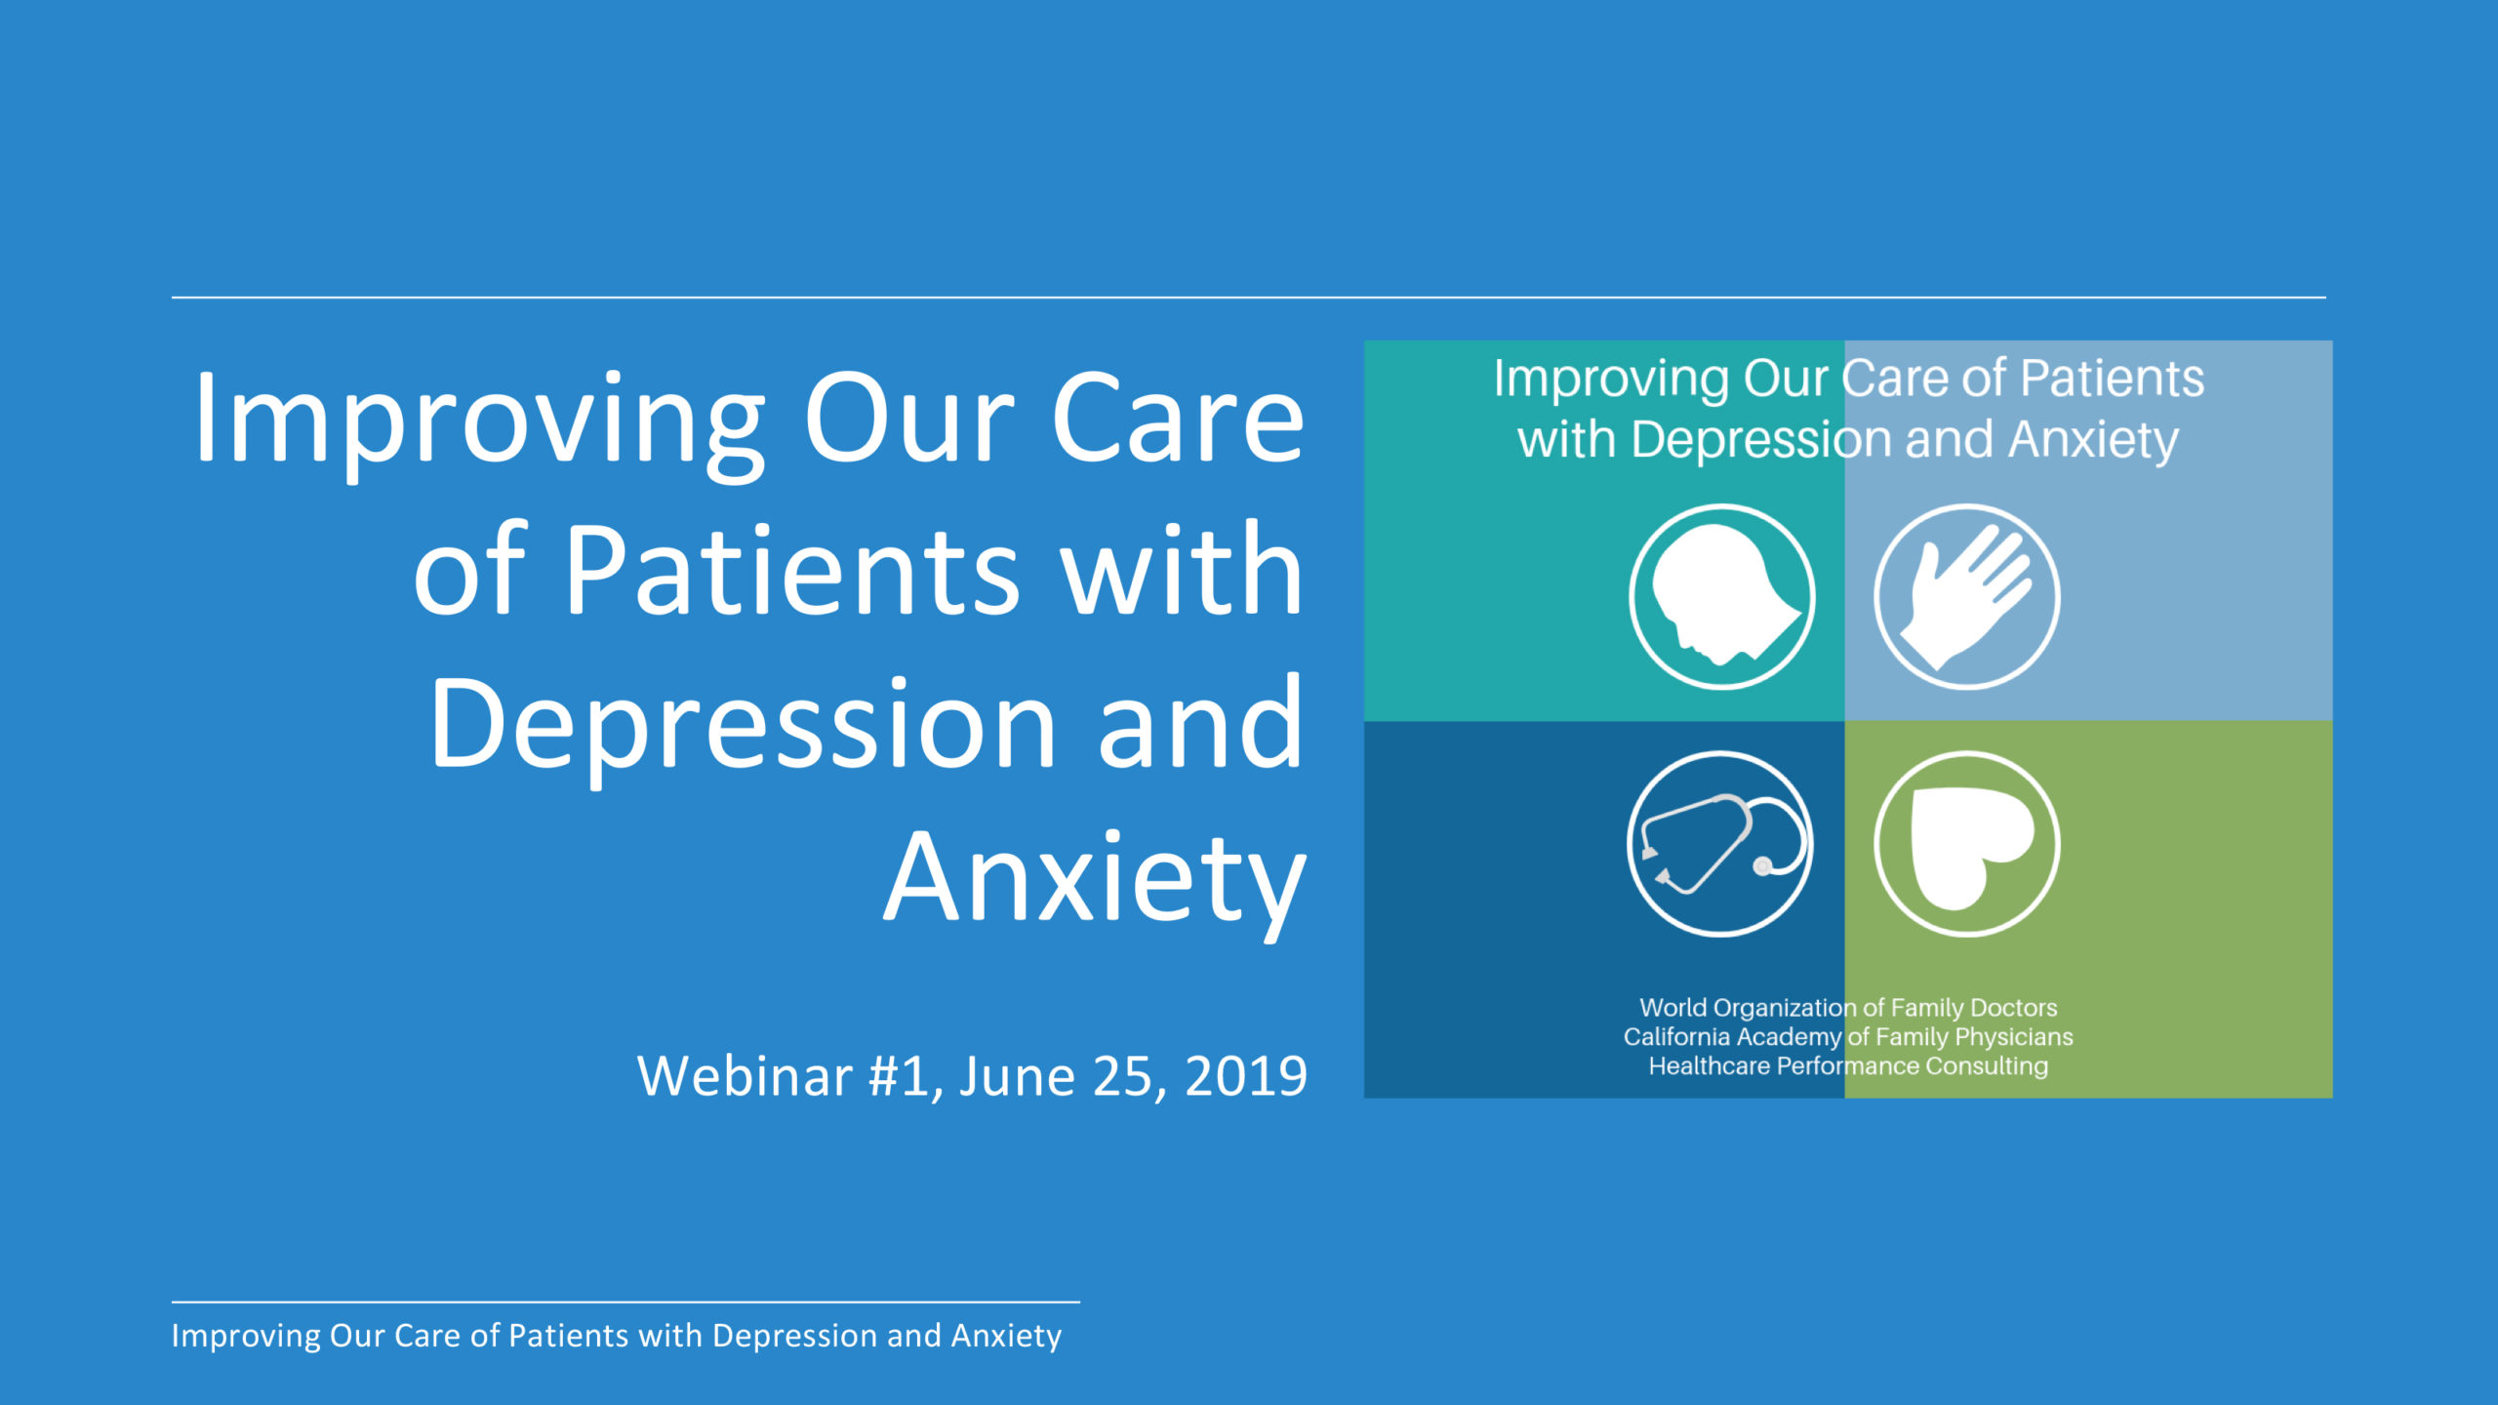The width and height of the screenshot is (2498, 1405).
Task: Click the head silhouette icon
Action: pos(1722,597)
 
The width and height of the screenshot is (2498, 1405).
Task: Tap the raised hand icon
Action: pos(1967,597)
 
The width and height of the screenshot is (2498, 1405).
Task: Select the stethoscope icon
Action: pos(1720,844)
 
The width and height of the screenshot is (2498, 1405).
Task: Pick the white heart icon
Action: pos(1967,844)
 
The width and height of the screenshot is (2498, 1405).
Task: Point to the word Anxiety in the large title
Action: pos(1095,883)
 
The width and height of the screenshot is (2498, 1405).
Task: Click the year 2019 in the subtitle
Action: pos(1246,1076)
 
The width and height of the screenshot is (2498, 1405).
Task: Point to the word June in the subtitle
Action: pos(1016,1076)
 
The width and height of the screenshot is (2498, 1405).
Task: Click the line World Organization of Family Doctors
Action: pos(1848,1008)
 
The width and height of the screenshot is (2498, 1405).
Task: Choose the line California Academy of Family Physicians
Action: pos(1848,1037)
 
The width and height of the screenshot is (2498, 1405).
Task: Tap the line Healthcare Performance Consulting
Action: pos(1848,1066)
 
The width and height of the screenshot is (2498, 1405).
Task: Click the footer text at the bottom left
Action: pos(617,1336)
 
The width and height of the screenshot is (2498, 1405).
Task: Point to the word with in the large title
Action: pos(1182,571)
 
